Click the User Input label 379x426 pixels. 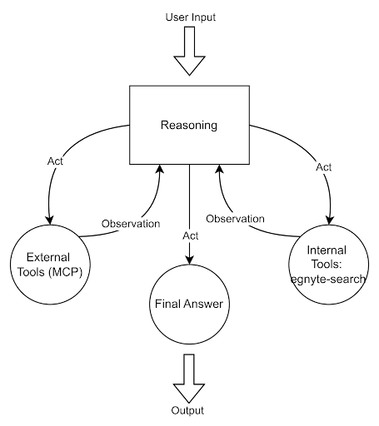click(192, 17)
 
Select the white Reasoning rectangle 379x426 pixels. click(189, 125)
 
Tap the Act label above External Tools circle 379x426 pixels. click(55, 161)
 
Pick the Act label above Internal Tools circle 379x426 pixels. click(323, 167)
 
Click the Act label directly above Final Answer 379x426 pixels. click(190, 236)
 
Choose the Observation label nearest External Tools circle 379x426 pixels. click(131, 224)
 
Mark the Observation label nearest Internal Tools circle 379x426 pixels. click(235, 219)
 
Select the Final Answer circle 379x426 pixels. click(189, 304)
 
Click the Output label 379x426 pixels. click(187, 411)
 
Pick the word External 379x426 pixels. click(48, 257)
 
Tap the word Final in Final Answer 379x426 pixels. click(168, 304)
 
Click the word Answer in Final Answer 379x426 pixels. click(203, 304)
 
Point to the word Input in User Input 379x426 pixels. click(203, 17)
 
